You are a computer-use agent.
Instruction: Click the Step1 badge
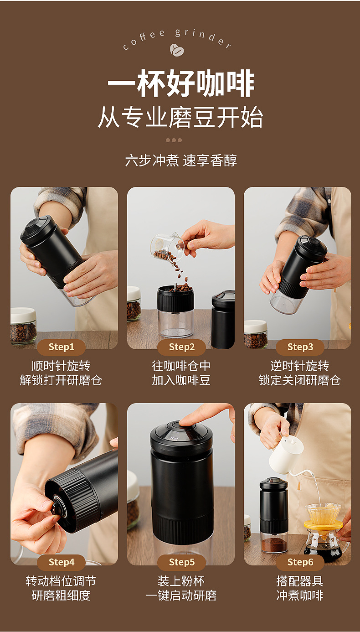click(62, 347)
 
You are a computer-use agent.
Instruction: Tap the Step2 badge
click(181, 347)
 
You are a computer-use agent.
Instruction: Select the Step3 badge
click(300, 347)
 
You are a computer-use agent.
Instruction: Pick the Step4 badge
click(62, 562)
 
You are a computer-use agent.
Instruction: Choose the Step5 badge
click(181, 562)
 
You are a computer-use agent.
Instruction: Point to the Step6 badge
click(300, 562)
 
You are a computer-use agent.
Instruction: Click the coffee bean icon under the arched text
click(177, 50)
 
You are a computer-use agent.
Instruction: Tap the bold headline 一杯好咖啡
click(181, 83)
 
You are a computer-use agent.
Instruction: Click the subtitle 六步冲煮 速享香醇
click(181, 161)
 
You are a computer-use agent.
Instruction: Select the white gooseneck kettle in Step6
click(288, 454)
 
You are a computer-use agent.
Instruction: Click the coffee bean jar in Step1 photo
click(23, 326)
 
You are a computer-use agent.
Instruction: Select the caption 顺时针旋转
click(61, 366)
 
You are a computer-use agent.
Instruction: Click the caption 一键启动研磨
click(181, 596)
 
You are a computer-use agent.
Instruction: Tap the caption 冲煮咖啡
click(300, 596)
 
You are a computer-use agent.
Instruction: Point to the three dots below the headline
click(174, 140)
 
